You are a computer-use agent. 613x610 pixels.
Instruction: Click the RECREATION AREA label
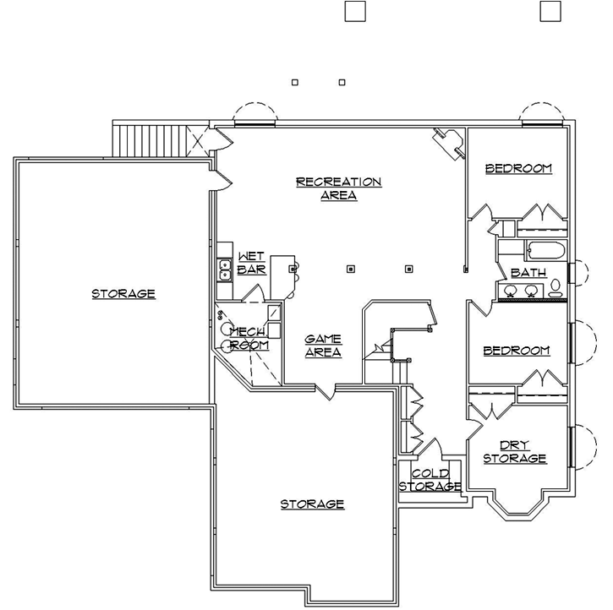coord(338,188)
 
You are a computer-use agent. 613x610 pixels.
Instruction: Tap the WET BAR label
coord(251,263)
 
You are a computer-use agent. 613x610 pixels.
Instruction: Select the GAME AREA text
coord(323,346)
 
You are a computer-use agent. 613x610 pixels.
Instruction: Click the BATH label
coord(528,272)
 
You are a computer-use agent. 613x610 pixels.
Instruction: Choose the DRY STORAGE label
coord(514,452)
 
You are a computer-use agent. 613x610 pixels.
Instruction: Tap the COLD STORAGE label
coord(430,480)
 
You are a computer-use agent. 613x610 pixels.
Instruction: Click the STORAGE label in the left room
coord(123,294)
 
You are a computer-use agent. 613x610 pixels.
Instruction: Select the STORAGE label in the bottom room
coord(312,504)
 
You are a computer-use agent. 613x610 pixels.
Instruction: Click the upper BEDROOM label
coord(517,168)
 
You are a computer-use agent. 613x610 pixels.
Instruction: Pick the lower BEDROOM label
coord(516,350)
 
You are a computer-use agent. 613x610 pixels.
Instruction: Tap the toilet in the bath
coord(556,289)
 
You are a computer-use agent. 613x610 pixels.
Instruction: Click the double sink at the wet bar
coord(225,270)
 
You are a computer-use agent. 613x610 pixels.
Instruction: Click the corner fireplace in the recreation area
coord(448,142)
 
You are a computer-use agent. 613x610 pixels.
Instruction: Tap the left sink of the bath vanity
coord(511,291)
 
